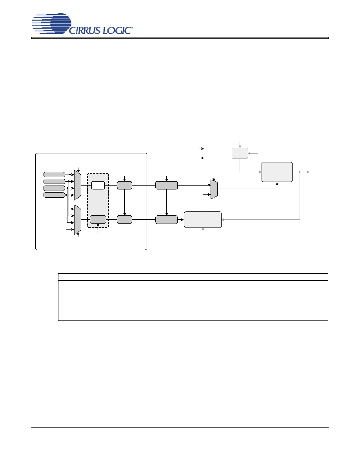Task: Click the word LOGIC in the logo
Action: tap(117, 30)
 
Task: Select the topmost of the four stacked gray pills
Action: tap(55, 175)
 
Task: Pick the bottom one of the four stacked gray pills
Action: tap(55, 195)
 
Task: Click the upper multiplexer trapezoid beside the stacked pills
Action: tap(78, 185)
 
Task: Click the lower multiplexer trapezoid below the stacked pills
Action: tap(78, 220)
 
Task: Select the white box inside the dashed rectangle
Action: tap(98, 185)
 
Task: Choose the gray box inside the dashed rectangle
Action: tap(98, 220)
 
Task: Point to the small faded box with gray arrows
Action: tap(240, 153)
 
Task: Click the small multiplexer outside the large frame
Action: tap(214, 189)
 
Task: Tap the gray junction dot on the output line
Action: tap(300, 172)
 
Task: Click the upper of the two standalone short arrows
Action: tap(201, 149)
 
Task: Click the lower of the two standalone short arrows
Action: tap(201, 158)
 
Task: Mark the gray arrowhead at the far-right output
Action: tap(308, 172)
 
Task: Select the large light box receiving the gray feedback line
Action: tap(203, 220)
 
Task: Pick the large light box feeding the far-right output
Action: tap(277, 172)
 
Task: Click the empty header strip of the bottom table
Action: tap(193, 277)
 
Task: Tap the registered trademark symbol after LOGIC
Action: tap(132, 27)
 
